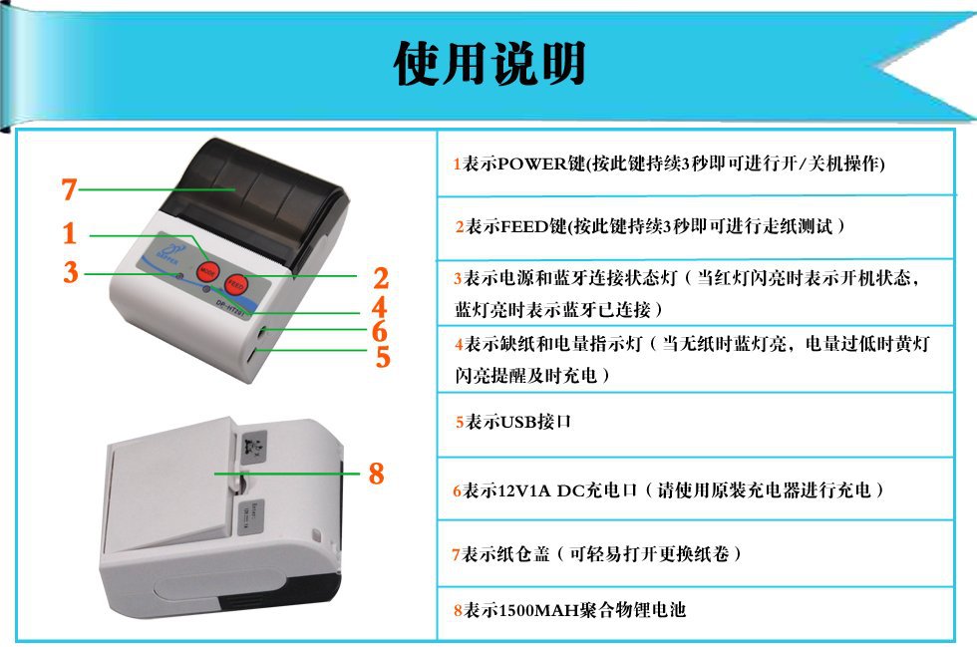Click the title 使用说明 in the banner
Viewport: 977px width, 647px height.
(488, 63)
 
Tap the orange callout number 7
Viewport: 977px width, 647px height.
(69, 188)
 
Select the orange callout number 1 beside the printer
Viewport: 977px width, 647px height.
(70, 234)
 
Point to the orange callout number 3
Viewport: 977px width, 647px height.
(70, 272)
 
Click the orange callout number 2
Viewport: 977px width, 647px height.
(381, 278)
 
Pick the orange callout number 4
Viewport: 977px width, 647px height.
(379, 308)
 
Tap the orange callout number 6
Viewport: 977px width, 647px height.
(380, 332)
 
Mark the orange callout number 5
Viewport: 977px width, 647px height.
(382, 357)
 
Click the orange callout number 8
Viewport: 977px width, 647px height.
(376, 475)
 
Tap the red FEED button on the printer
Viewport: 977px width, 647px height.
(236, 283)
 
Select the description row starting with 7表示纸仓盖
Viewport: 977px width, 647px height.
(598, 552)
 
